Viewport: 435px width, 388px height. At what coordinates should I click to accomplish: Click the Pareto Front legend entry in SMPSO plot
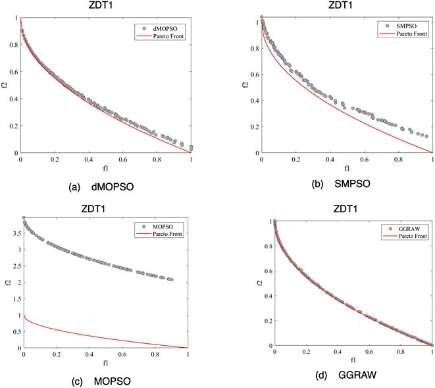403,33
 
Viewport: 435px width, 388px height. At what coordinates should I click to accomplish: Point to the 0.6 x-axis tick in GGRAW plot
369,352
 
